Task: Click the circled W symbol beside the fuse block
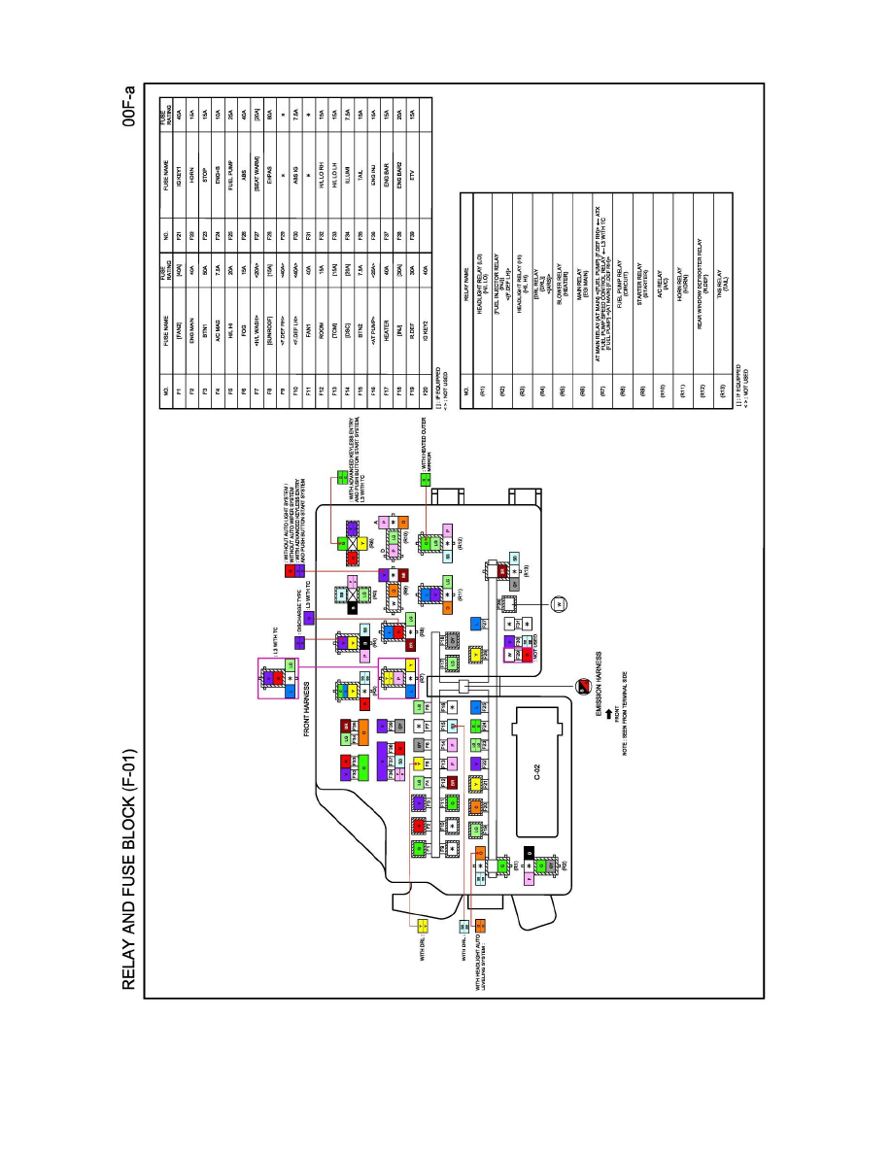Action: click(x=558, y=604)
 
